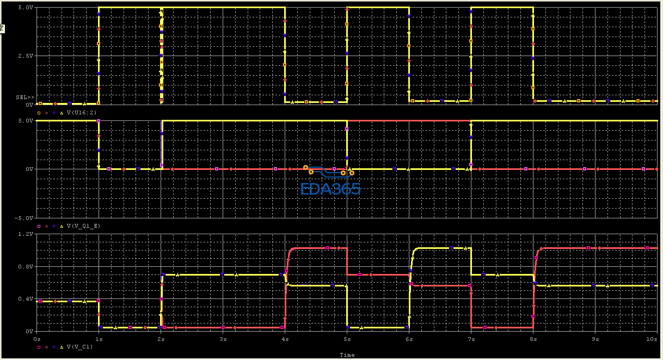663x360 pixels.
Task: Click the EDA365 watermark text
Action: click(330, 189)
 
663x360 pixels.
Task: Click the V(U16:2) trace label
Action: click(82, 113)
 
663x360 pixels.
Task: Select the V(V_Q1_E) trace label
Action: click(83, 226)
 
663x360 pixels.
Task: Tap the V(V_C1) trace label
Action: click(80, 347)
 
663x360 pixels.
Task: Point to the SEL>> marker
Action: click(25, 97)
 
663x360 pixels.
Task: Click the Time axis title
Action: click(347, 355)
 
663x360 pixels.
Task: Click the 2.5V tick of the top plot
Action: click(26, 56)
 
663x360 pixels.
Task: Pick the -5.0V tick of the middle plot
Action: click(24, 218)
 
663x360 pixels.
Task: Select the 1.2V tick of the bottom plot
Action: click(26, 234)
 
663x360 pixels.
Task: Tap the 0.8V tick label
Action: click(26, 267)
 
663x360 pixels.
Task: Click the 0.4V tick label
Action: click(26, 299)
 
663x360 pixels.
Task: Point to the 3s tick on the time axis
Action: click(223, 339)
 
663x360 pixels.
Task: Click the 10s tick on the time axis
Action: click(652, 339)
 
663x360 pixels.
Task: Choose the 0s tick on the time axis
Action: click(37, 339)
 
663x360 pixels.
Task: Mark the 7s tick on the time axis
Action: click(471, 339)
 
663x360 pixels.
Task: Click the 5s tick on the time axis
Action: click(347, 339)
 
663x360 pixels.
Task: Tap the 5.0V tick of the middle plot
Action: click(26, 121)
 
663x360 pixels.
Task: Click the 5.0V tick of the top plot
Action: click(26, 8)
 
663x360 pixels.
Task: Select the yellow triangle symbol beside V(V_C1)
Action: click(62, 347)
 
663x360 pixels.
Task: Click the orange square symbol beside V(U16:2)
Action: click(39, 113)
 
